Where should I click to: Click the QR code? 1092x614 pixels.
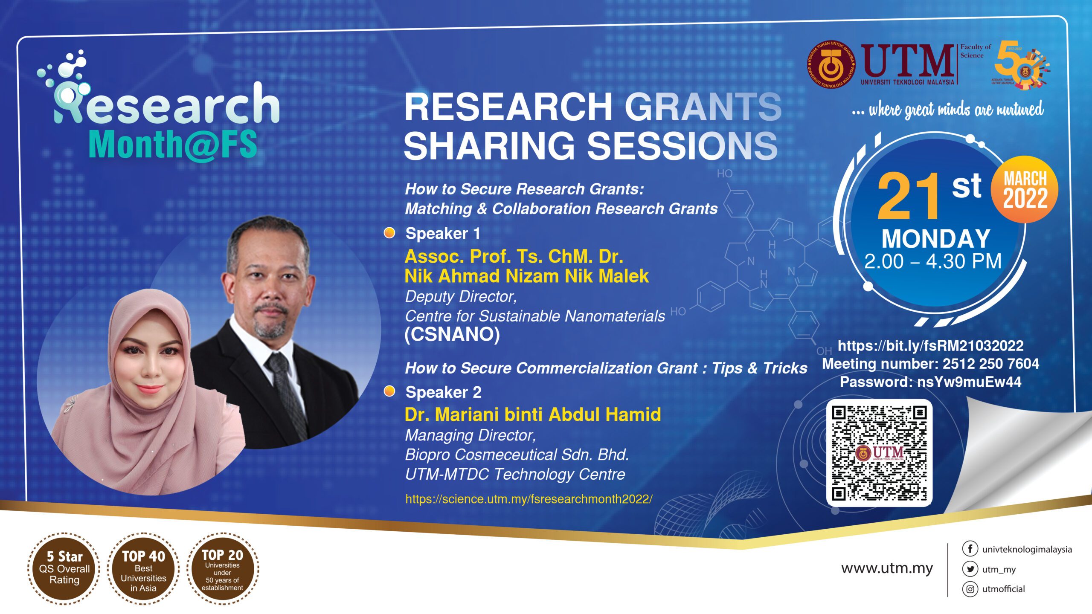tap(879, 453)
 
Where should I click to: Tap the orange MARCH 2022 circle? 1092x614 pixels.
tap(1025, 189)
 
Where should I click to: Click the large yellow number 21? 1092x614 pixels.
tap(909, 196)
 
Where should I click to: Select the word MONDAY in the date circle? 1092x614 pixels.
tap(936, 238)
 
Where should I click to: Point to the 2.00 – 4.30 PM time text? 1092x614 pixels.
tap(933, 261)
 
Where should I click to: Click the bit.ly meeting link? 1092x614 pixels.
tap(930, 345)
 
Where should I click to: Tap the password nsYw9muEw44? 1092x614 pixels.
tap(969, 382)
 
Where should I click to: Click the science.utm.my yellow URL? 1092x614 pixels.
tap(529, 499)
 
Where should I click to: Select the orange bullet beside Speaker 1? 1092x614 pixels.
tap(389, 233)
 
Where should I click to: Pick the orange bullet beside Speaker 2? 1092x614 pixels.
tap(389, 391)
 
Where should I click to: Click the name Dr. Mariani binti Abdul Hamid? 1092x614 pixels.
tap(533, 414)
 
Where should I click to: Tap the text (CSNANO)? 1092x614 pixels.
tap(452, 334)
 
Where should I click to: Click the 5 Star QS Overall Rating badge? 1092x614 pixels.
tap(64, 568)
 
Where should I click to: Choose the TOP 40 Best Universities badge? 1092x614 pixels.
tap(143, 568)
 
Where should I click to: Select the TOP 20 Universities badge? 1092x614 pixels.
tap(222, 568)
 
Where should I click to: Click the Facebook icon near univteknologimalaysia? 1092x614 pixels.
tap(970, 549)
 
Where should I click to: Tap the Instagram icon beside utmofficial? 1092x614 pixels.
tap(970, 589)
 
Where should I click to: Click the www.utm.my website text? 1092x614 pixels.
tap(887, 568)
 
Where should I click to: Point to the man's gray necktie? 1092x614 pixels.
tap(287, 392)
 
